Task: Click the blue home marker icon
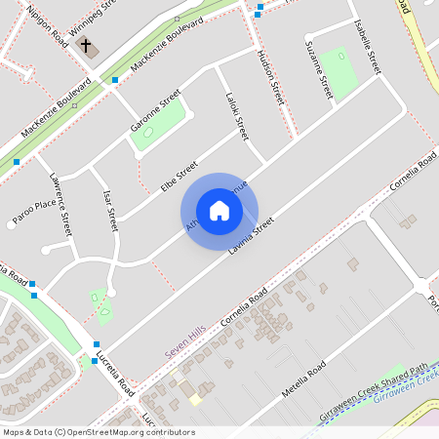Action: (x=219, y=211)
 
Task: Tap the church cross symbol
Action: (x=85, y=46)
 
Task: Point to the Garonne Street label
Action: (x=156, y=114)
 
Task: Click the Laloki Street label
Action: (x=237, y=114)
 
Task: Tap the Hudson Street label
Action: (x=270, y=78)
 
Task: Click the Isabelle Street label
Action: (x=368, y=47)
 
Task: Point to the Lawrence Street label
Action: (x=60, y=205)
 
